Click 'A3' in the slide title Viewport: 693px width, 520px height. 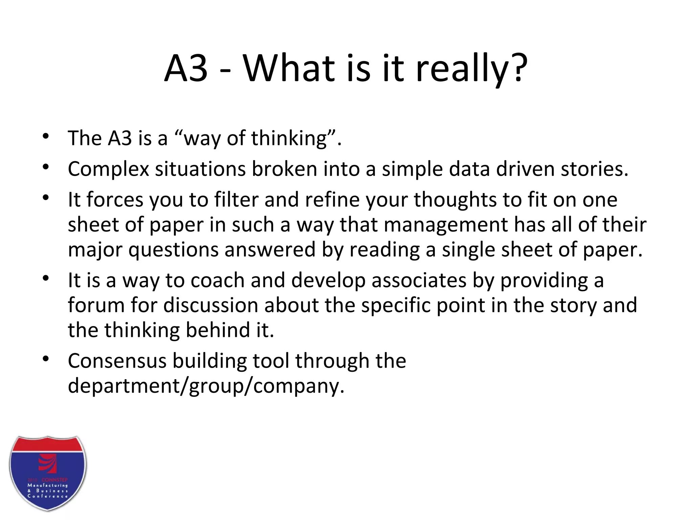(x=186, y=68)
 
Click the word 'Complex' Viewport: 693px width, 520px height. (x=108, y=169)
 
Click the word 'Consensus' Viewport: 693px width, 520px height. (x=117, y=361)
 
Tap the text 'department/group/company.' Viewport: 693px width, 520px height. (x=206, y=386)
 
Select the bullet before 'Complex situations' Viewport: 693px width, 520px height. (x=46, y=167)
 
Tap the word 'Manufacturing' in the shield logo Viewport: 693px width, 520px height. (x=48, y=485)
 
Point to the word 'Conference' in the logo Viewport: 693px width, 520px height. (x=48, y=496)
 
